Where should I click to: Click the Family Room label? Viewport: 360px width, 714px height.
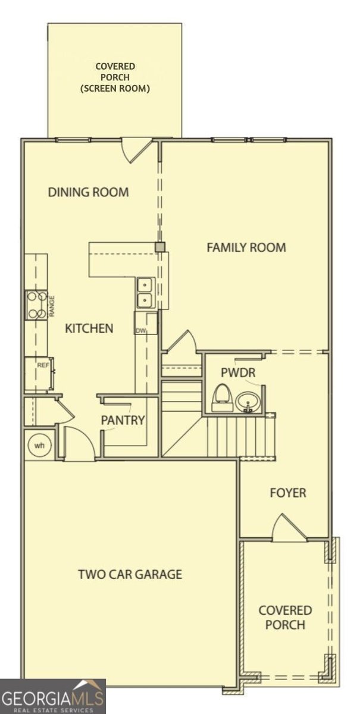[246, 248]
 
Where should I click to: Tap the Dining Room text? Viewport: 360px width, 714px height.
[88, 192]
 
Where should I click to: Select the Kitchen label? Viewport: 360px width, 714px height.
[89, 328]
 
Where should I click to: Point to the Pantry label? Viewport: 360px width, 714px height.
[123, 420]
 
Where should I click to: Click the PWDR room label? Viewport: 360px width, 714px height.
[238, 372]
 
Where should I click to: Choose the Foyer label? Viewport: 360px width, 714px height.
[288, 493]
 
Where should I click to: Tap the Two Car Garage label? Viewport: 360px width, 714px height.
[130, 574]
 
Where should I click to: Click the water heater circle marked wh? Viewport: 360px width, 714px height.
[39, 445]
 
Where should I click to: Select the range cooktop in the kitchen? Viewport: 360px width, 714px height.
[37, 305]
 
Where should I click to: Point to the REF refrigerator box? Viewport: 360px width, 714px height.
[39, 374]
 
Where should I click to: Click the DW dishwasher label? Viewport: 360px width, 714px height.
[140, 331]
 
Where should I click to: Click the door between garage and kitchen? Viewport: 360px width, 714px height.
[78, 443]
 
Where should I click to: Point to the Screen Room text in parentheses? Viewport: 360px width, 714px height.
[115, 88]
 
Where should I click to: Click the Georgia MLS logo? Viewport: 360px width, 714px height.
[52, 696]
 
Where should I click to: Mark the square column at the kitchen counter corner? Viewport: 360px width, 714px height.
[159, 247]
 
